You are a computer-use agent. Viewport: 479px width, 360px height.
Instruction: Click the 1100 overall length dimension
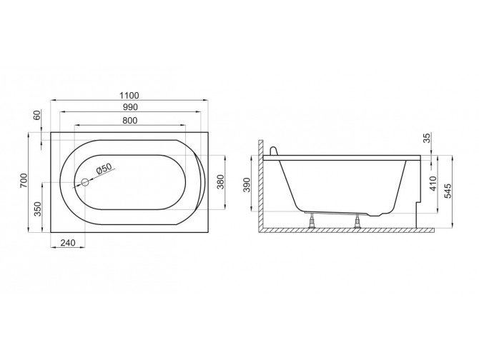(x=129, y=95)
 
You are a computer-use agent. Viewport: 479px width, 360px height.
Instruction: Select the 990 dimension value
(x=129, y=107)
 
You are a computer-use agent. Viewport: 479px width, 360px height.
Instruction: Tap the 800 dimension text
(x=129, y=121)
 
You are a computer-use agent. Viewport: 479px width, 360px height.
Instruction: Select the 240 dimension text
(x=68, y=244)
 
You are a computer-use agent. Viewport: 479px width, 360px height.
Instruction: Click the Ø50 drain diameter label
(x=104, y=169)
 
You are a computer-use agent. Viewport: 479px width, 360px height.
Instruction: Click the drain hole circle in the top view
(x=84, y=182)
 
